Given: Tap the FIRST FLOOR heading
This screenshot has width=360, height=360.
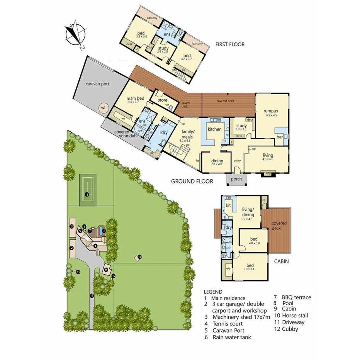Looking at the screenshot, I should pos(230,44).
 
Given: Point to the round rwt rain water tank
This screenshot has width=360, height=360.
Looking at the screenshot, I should pos(102,108).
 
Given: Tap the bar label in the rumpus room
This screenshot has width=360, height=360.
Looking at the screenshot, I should pos(277,137).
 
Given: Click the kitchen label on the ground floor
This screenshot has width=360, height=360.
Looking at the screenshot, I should pos(214,129).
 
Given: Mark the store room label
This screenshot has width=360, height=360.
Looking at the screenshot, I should pos(163,100).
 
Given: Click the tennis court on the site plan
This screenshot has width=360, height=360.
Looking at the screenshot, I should pos(87,191).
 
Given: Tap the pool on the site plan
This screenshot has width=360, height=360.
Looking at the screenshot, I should pos(101,231).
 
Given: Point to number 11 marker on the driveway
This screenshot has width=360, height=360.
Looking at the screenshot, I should pos(92,295).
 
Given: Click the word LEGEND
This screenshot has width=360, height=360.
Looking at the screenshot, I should pos(213,292).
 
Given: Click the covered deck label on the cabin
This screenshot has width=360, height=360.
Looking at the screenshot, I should pos(279,226).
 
